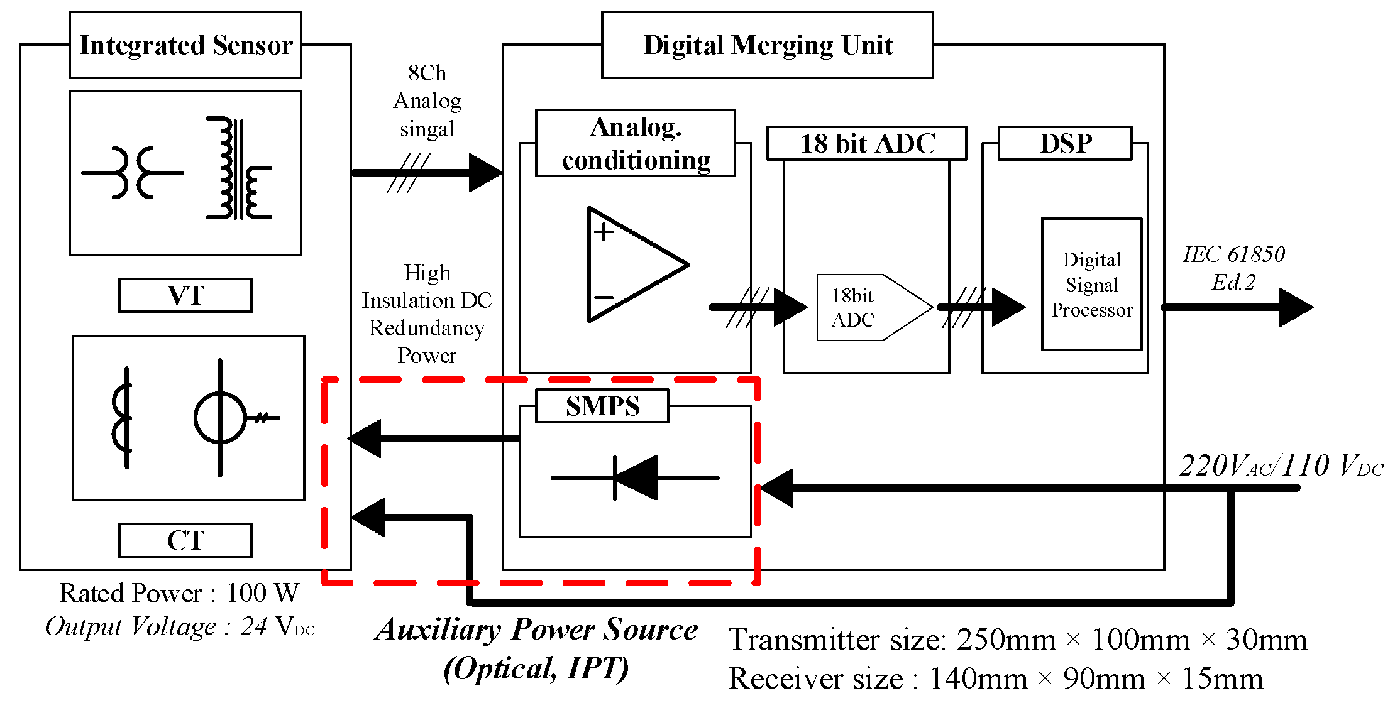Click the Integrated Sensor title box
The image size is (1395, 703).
[x=185, y=45]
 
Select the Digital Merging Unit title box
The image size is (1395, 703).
[x=767, y=45]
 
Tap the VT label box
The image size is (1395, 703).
[x=185, y=295]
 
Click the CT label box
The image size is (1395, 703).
[x=185, y=540]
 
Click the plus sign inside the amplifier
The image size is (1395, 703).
[x=604, y=232]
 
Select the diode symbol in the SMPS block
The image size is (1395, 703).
[x=635, y=478]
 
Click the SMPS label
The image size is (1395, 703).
[x=602, y=406]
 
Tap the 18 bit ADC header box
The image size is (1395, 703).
[x=866, y=143]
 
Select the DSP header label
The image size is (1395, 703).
[x=1065, y=143]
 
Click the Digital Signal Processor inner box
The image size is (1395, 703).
[x=1091, y=285]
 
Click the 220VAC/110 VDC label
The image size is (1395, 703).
[x=1281, y=466]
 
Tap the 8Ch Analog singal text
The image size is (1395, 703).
[x=427, y=101]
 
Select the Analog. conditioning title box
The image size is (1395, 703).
[x=635, y=143]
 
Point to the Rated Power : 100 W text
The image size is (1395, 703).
[x=179, y=592]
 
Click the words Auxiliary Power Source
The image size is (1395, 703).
[x=536, y=629]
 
